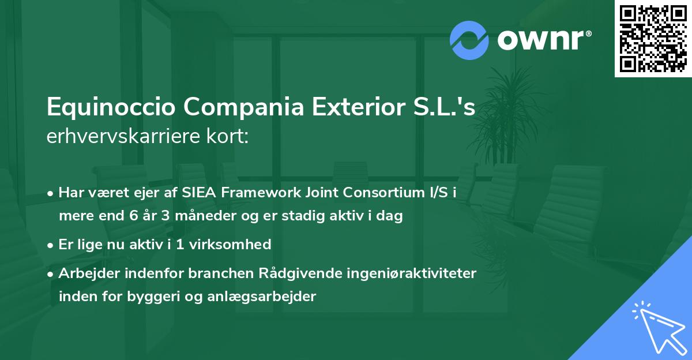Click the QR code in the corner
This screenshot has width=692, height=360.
tap(653, 38)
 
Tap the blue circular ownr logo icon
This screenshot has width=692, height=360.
tap(469, 40)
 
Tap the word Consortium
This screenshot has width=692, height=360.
tap(359, 193)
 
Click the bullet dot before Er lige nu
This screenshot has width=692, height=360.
tap(51, 245)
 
